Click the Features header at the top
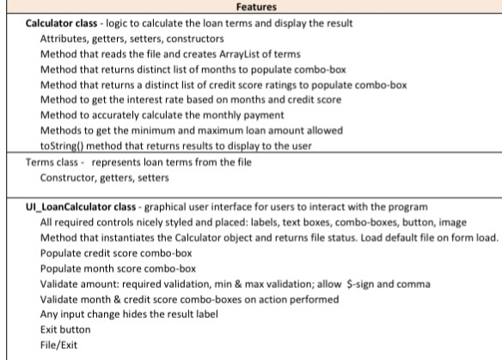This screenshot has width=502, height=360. [250, 7]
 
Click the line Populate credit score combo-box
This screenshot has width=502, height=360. [116, 254]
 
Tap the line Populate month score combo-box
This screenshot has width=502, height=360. [119, 270]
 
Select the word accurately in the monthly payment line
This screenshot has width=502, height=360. [119, 115]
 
